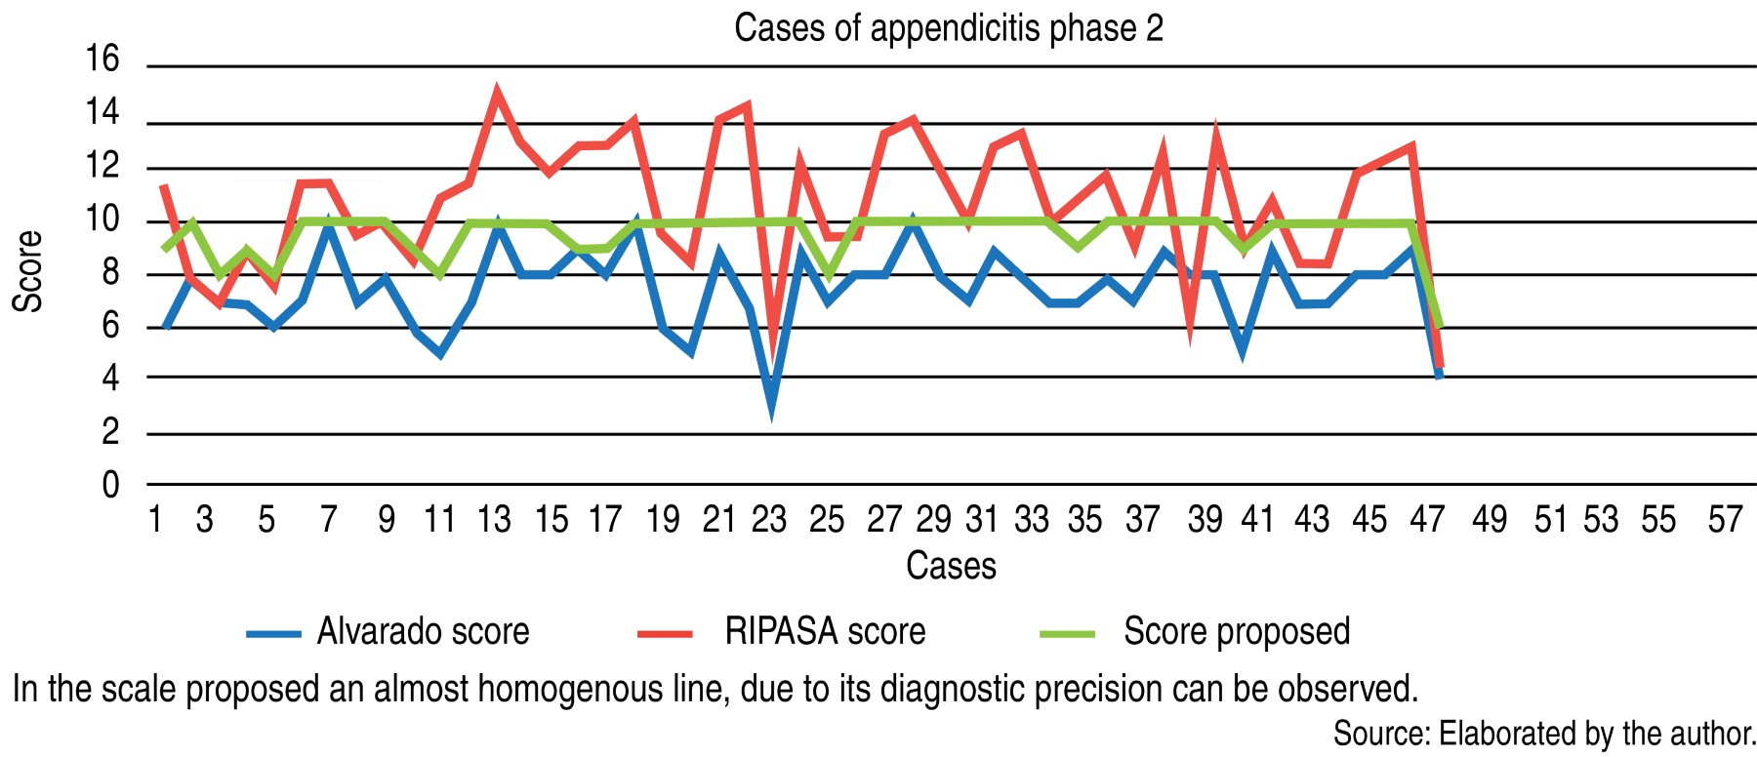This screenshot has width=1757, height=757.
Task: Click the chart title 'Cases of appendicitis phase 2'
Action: point(948,28)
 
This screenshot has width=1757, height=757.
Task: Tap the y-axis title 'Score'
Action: point(27,271)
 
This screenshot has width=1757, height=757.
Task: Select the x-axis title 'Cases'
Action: point(951,566)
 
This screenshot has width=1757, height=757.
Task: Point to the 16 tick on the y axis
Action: point(102,60)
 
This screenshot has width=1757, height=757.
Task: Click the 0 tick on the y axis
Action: point(110,484)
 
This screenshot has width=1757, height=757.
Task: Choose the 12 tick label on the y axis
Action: point(102,166)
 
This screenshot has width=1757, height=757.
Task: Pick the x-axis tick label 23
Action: point(769,519)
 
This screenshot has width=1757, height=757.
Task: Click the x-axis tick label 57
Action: point(1725,519)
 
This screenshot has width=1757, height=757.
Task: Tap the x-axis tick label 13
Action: point(494,519)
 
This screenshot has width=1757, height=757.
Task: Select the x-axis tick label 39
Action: point(1205,519)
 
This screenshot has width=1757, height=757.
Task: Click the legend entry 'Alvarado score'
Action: point(423,632)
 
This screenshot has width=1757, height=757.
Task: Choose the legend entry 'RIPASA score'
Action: point(825,632)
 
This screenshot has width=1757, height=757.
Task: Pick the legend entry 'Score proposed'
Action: point(1237,632)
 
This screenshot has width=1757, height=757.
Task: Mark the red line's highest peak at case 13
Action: point(498,93)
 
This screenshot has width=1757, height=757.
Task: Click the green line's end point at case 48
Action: point(1439,326)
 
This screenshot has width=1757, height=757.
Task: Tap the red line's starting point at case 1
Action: point(164,185)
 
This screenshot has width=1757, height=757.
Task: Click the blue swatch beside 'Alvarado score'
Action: point(273,634)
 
